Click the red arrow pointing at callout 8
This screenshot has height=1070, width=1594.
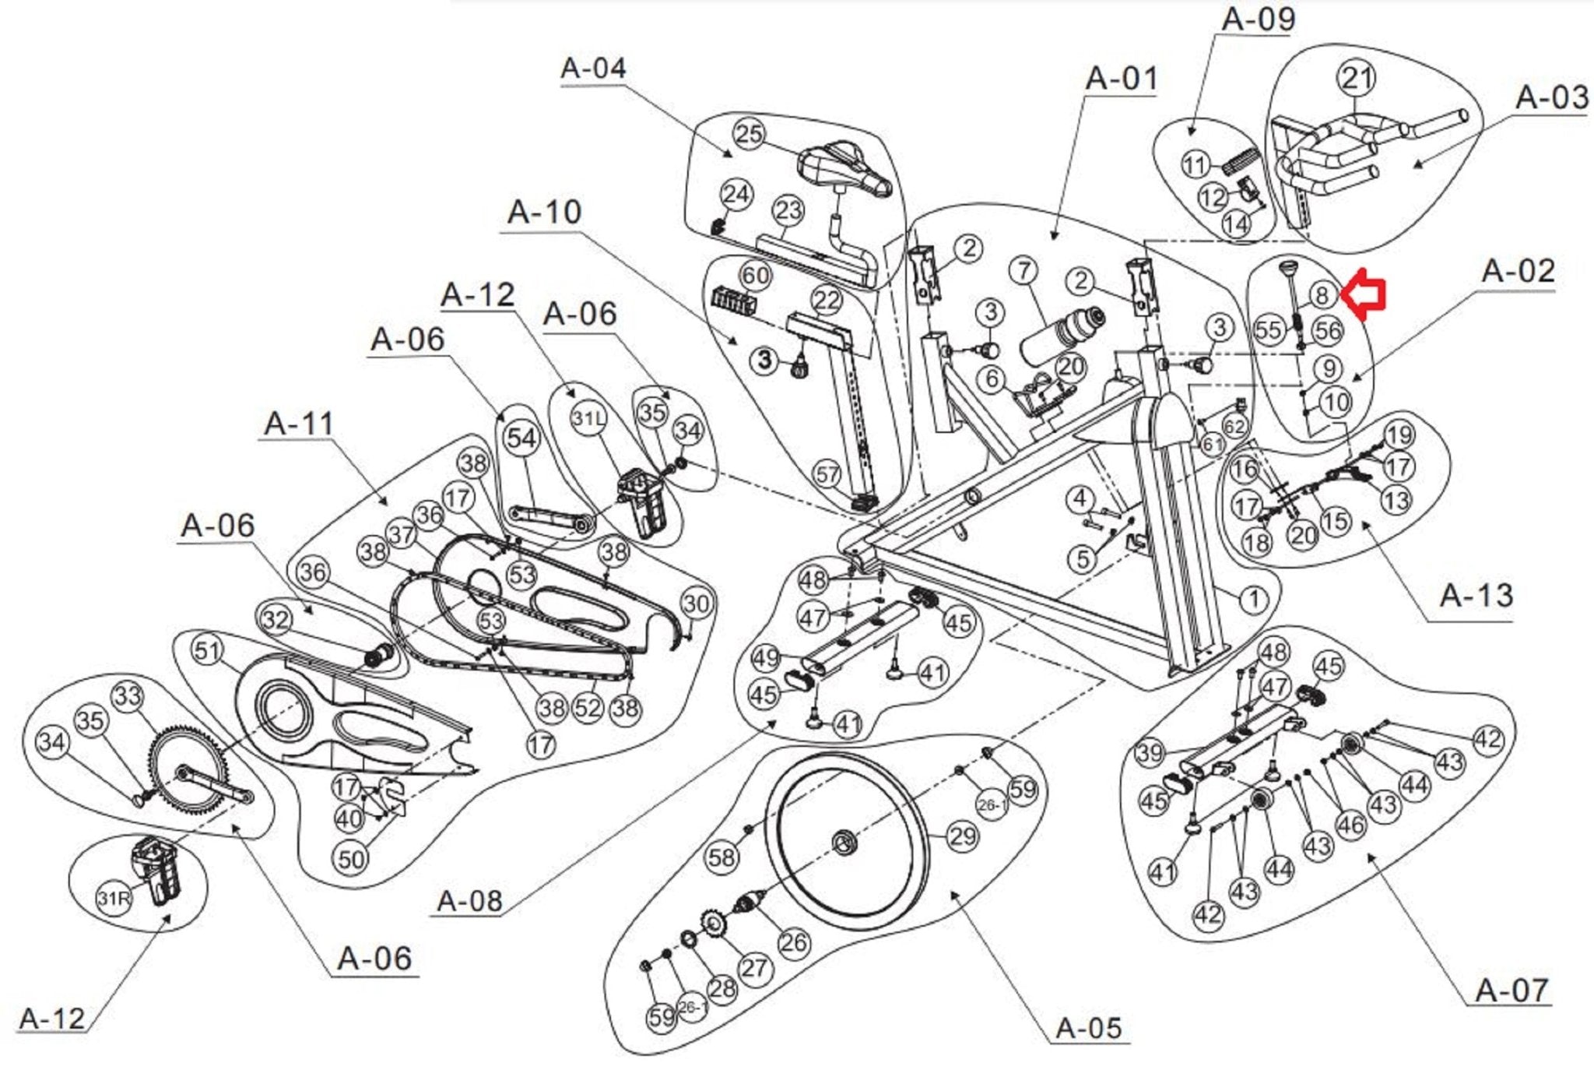[x=1368, y=294]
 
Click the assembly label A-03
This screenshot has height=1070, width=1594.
[x=1551, y=98]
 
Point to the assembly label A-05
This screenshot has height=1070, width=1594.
[x=1089, y=1029]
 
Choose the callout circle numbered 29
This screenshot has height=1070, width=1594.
[x=963, y=836]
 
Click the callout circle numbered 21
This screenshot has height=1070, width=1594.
[x=1356, y=78]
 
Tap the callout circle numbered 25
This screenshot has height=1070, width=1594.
[x=749, y=134]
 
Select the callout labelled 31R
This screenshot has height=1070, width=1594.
[x=113, y=899]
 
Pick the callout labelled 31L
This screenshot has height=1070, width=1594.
[x=588, y=419]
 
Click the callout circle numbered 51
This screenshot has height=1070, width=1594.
[x=207, y=650]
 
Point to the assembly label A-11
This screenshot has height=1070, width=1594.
[x=299, y=424]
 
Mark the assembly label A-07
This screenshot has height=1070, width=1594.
[x=1512, y=991]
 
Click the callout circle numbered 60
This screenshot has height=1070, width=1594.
[x=754, y=275]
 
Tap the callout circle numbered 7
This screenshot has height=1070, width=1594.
[x=1024, y=271]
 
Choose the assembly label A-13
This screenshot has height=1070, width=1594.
[x=1476, y=596]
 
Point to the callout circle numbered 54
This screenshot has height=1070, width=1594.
[x=521, y=438]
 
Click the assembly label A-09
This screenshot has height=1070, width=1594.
[x=1259, y=19]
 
